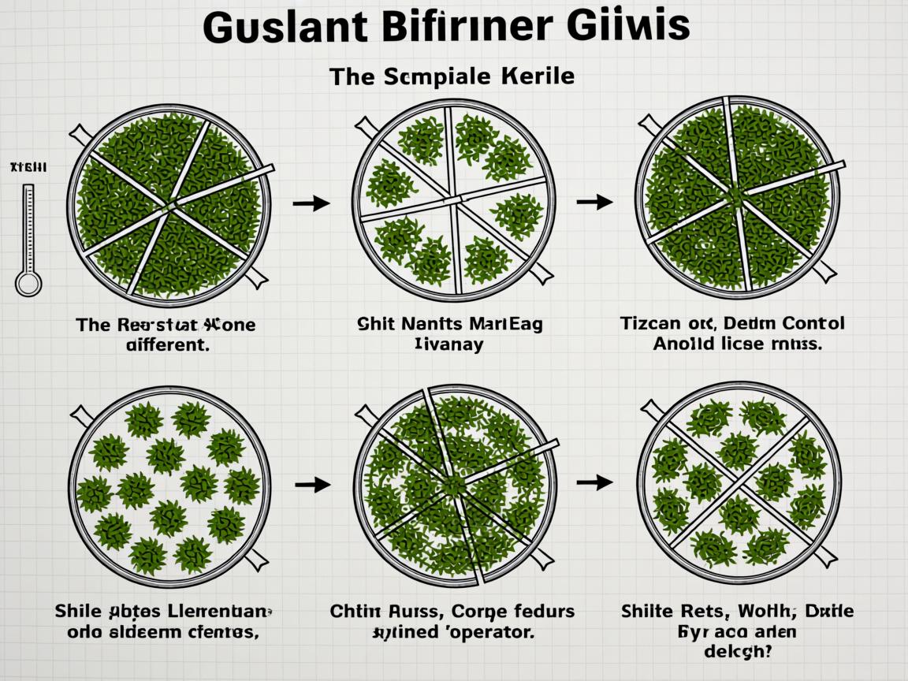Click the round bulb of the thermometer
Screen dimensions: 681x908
point(28,283)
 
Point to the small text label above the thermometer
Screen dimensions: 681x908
point(28,168)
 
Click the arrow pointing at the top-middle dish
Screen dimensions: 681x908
point(311,204)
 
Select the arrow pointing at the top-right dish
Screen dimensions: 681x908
point(594,203)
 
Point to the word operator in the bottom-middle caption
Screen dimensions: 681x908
point(492,631)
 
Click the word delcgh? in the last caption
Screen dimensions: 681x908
point(737,652)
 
